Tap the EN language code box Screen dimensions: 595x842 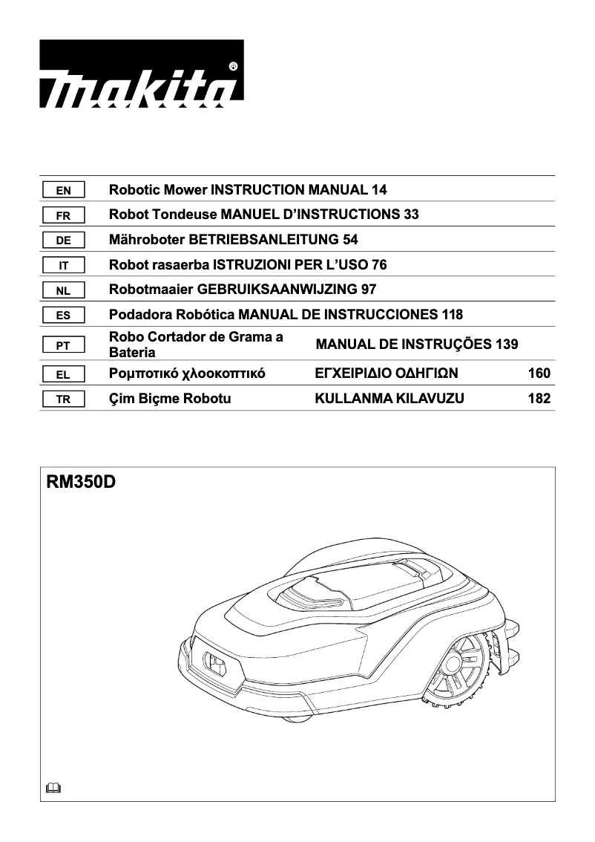coord(64,190)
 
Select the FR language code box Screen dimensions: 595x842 coord(64,215)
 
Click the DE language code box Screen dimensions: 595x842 coord(64,241)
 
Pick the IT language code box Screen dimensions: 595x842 coord(64,265)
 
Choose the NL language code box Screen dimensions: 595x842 coord(64,290)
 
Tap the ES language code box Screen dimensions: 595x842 coord(64,316)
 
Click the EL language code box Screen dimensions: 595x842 coord(64,374)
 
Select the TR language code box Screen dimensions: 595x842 coord(64,399)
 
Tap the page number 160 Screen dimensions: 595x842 coord(539,373)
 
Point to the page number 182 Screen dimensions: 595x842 coord(539,399)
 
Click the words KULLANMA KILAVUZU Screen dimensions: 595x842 coord(389,399)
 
